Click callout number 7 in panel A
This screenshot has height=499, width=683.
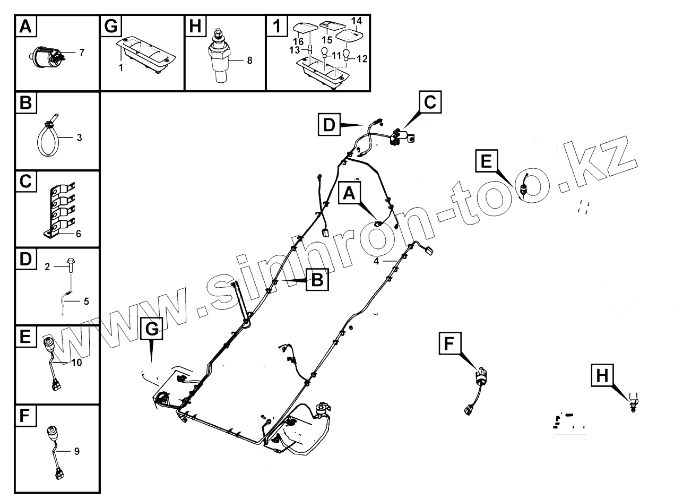pyautogui.click(x=82, y=52)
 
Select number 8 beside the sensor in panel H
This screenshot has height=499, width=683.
pyautogui.click(x=249, y=60)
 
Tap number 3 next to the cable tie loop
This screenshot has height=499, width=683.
pyautogui.click(x=79, y=138)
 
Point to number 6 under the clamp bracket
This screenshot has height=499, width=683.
pyautogui.click(x=79, y=234)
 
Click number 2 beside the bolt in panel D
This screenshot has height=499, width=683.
pyautogui.click(x=47, y=268)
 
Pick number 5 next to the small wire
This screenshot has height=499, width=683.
pyautogui.click(x=86, y=302)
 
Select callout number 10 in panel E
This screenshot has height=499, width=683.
pyautogui.click(x=76, y=363)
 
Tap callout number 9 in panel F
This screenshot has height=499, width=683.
pyautogui.click(x=77, y=451)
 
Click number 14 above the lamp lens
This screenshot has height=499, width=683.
pyautogui.click(x=357, y=21)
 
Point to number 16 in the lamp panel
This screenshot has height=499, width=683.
pyautogui.click(x=299, y=41)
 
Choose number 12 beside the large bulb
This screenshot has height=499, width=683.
pyautogui.click(x=362, y=59)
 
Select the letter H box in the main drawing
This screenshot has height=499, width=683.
pyautogui.click(x=602, y=375)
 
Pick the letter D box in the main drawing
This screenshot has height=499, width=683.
pyautogui.click(x=330, y=126)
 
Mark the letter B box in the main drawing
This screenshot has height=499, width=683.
pyautogui.click(x=317, y=280)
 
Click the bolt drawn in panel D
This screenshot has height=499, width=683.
pyautogui.click(x=71, y=265)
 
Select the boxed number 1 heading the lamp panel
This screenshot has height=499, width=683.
pyautogui.click(x=276, y=25)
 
